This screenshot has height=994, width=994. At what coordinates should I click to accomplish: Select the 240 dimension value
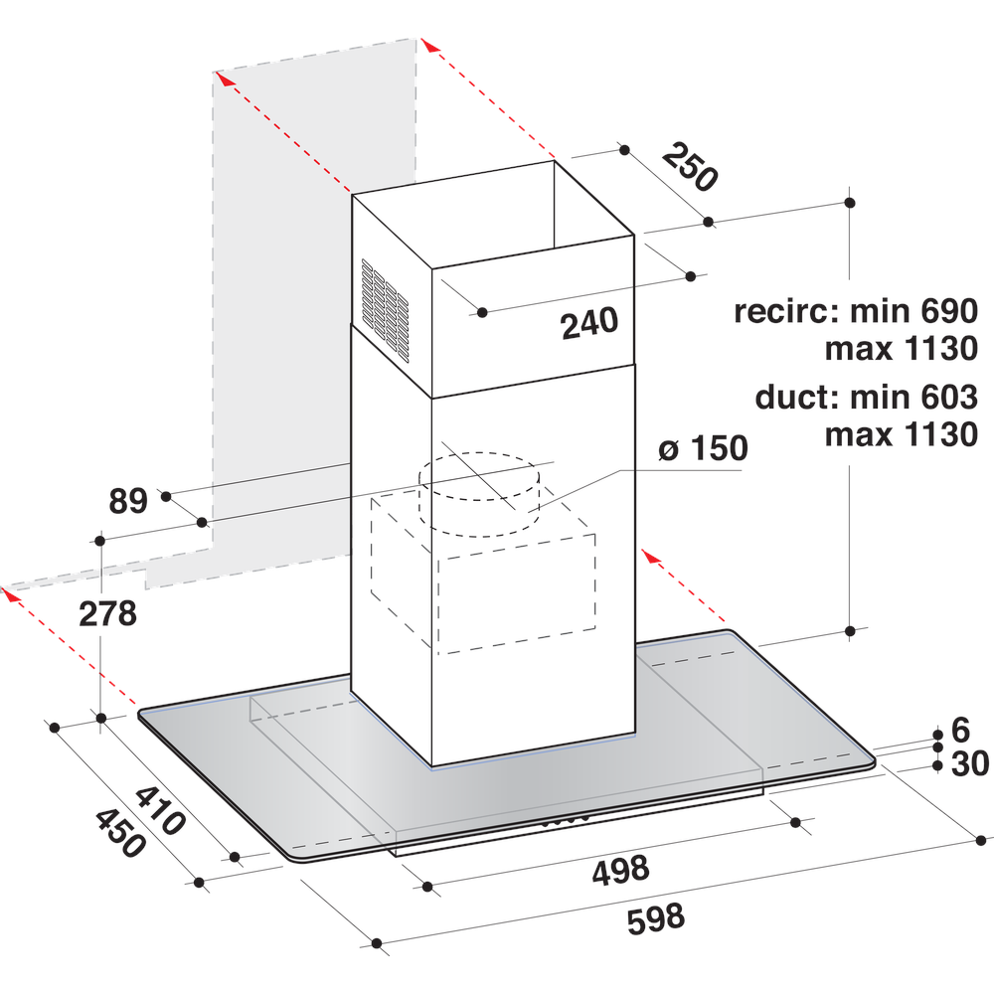pyautogui.click(x=589, y=324)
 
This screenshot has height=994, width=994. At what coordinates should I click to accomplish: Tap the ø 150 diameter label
pyautogui.click(x=703, y=448)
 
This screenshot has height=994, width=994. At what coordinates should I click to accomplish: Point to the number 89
pyautogui.click(x=128, y=501)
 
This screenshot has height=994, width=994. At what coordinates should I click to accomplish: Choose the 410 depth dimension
pyautogui.click(x=159, y=810)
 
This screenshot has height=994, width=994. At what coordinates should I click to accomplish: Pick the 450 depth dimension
pyautogui.click(x=120, y=833)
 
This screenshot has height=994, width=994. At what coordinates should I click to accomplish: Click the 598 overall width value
pyautogui.click(x=655, y=917)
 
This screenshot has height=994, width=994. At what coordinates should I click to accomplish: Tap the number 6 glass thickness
pyautogui.click(x=959, y=731)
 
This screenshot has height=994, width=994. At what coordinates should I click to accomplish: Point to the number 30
pyautogui.click(x=968, y=765)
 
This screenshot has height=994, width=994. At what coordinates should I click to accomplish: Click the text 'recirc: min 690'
pyautogui.click(x=856, y=311)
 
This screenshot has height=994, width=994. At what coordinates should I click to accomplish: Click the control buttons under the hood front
pyautogui.click(x=567, y=821)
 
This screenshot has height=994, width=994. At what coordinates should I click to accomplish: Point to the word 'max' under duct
pyautogui.click(x=861, y=434)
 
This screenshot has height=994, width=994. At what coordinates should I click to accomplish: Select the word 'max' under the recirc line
pyautogui.click(x=861, y=349)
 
